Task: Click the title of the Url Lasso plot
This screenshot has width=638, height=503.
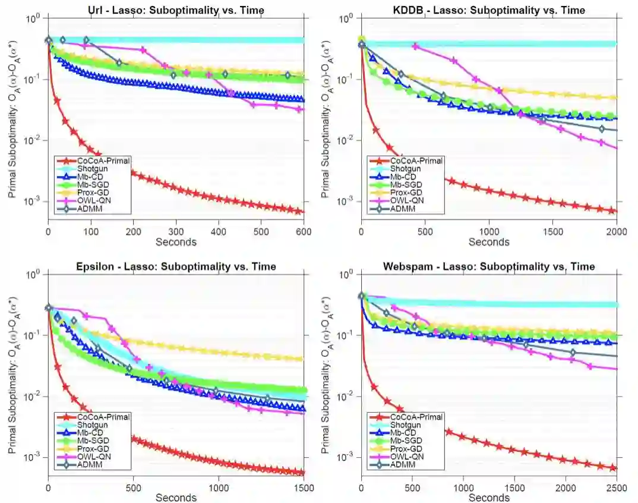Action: pyautogui.click(x=175, y=10)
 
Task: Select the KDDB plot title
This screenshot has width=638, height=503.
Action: pyautogui.click(x=489, y=10)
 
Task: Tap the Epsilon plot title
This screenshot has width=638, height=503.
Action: pyautogui.click(x=175, y=266)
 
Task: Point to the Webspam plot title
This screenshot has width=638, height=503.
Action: pyautogui.click(x=489, y=266)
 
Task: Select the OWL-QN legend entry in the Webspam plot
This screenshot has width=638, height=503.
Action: pyautogui.click(x=406, y=457)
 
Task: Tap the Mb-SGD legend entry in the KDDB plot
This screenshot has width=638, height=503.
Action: pyautogui.click(x=406, y=184)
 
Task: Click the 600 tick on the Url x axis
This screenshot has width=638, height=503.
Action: pyautogui.click(x=304, y=232)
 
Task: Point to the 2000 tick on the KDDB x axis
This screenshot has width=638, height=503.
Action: pyautogui.click(x=617, y=232)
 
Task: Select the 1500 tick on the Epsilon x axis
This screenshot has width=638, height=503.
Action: pyautogui.click(x=304, y=488)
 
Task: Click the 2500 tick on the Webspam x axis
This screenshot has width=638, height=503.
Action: pyautogui.click(x=617, y=488)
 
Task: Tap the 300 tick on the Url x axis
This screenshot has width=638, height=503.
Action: pyautogui.click(x=176, y=232)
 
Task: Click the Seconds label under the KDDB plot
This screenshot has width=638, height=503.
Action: pyautogui.click(x=489, y=242)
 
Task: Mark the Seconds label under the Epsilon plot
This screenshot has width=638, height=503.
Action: pyautogui.click(x=176, y=498)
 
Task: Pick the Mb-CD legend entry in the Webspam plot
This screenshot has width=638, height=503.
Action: pyautogui.click(x=404, y=433)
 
